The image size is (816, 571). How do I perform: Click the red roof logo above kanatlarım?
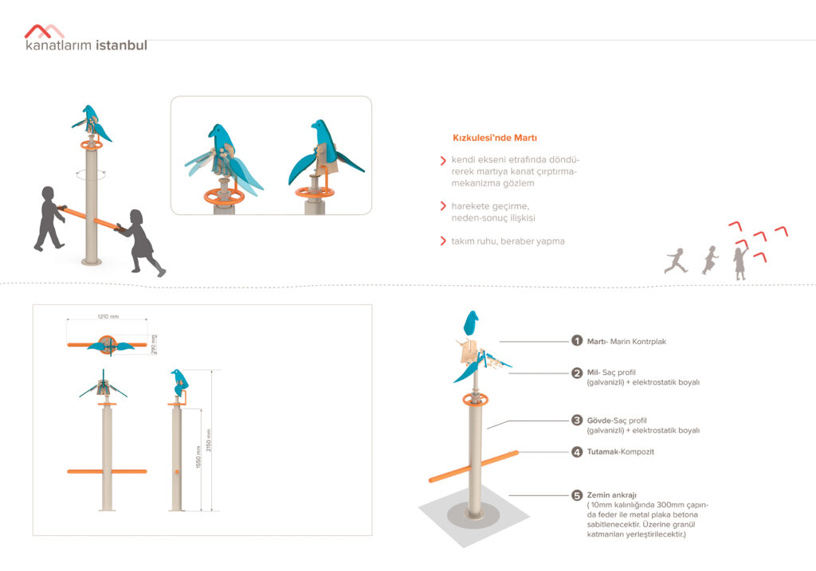[x=45, y=31]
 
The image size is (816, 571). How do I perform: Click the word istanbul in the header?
[x=122, y=45]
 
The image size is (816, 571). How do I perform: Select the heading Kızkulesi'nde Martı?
[x=494, y=138]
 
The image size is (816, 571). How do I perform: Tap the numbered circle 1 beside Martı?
[x=577, y=341]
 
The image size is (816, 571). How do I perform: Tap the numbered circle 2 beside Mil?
[x=577, y=373]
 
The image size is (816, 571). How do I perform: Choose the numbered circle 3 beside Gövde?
[x=577, y=420]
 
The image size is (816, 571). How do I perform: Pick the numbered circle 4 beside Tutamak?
[x=577, y=452]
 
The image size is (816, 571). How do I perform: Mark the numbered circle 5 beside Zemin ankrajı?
[x=577, y=495]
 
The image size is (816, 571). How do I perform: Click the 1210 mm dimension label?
[x=108, y=316]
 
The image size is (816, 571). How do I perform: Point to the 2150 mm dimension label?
[x=209, y=440]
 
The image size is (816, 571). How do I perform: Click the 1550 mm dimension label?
[x=198, y=456]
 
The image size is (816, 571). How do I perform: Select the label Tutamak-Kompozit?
[x=620, y=452]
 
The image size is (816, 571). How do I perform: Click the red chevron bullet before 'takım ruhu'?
[x=443, y=241]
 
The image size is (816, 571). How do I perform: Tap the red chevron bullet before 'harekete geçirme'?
[x=443, y=206]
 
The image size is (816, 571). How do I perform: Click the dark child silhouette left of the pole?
[x=50, y=218]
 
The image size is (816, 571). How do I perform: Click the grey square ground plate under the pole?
[x=473, y=515]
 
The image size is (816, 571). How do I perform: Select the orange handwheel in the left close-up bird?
[x=224, y=197]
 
